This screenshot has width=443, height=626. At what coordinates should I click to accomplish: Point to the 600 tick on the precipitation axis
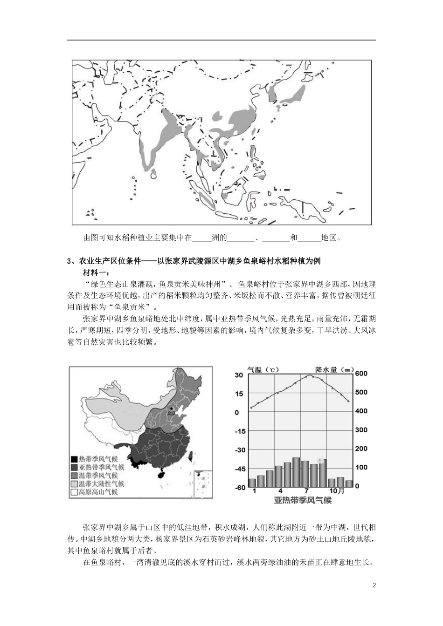click(361, 374)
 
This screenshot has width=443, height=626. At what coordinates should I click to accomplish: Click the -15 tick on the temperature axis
click(240, 431)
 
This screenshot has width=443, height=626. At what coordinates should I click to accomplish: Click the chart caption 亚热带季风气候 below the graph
click(303, 501)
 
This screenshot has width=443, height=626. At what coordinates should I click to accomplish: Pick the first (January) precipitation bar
click(252, 482)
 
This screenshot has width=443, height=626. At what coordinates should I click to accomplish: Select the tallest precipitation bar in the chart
click(296, 472)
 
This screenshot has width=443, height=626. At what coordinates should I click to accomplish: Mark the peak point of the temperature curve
click(309, 376)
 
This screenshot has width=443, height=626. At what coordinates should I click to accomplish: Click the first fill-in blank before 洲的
click(202, 238)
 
